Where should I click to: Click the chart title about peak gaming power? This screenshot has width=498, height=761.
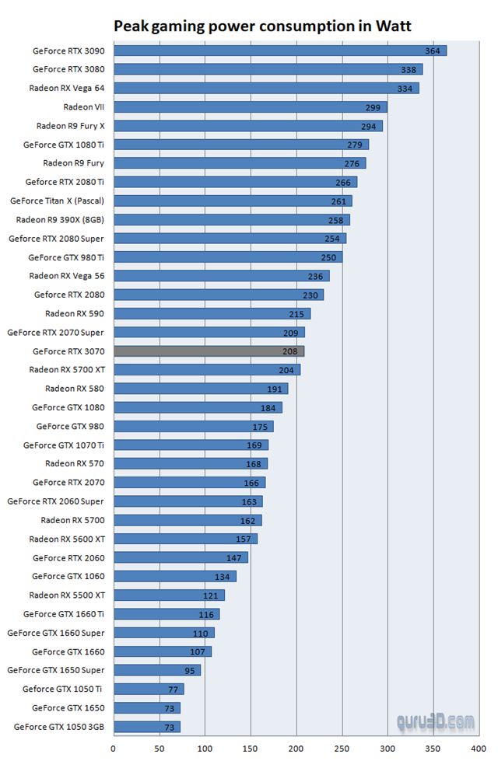pyautogui.click(x=263, y=26)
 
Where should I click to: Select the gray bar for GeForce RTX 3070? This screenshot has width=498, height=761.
pyautogui.click(x=209, y=351)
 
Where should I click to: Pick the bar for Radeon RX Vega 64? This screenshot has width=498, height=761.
pyautogui.click(x=266, y=88)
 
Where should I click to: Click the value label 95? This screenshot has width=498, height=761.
pyautogui.click(x=189, y=670)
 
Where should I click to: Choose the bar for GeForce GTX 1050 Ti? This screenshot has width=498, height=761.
pyautogui.click(x=149, y=689)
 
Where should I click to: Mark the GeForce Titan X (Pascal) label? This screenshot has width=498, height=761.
pyautogui.click(x=57, y=201)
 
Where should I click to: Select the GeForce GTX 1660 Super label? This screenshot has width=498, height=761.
pyautogui.click(x=55, y=633)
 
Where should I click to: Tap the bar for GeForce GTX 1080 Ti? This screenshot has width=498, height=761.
pyautogui.click(x=241, y=145)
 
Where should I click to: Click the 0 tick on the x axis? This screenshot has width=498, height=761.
pyautogui.click(x=114, y=749)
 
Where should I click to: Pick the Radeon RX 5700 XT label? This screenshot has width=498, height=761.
pyautogui.click(x=66, y=370)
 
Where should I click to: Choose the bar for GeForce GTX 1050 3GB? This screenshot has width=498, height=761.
pyautogui.click(x=147, y=727)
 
